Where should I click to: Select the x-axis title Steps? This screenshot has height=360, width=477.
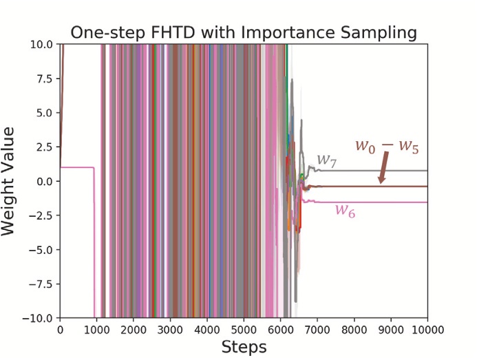243,347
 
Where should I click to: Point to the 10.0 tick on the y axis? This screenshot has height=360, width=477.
41,44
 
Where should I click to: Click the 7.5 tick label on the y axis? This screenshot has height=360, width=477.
44,78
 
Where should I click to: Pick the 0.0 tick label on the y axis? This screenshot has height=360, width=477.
44,181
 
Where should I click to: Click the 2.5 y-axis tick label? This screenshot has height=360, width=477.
44,147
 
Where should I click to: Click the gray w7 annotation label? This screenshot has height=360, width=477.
326,161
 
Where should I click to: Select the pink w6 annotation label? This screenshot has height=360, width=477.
345,211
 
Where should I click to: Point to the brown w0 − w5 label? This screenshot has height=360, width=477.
386,146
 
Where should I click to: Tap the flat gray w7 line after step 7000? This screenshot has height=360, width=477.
385,170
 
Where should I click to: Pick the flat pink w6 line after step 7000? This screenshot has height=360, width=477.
385,202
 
